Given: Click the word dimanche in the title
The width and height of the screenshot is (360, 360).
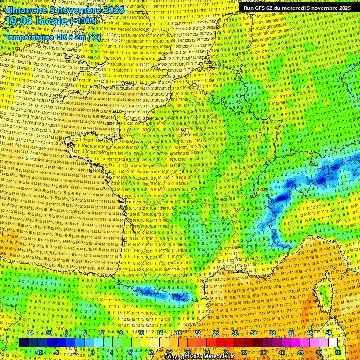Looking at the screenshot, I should point(24,10).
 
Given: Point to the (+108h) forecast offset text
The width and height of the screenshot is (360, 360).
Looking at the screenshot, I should point(83,21).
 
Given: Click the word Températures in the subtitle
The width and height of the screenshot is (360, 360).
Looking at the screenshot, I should point(30,37).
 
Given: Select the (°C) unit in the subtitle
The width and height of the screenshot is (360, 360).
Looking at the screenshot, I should point(93,37).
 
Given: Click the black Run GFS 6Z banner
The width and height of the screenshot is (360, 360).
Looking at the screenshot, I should point(297,8).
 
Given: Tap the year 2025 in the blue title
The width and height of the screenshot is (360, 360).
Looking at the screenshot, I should point(113,10).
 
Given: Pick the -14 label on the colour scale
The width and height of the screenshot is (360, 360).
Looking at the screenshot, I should point(30,333).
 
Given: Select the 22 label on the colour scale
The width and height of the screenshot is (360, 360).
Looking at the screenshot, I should point(197,333).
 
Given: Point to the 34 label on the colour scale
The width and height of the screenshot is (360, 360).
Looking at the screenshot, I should point(253,333).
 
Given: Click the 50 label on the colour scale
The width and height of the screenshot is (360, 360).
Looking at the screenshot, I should point(329,333).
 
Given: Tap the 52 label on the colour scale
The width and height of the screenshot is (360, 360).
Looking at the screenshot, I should point(337,352).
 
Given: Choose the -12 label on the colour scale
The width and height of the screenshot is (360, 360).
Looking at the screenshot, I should point(39,352).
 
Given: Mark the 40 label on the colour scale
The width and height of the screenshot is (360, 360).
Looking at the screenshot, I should point(281,352).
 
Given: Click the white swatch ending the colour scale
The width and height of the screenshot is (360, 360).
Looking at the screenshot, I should point(333,343).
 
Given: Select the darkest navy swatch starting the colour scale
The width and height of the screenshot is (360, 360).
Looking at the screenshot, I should point(23,343).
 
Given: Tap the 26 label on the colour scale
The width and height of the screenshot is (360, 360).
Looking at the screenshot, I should point(216,333).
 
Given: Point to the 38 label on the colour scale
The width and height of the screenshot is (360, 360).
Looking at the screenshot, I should point(272,333).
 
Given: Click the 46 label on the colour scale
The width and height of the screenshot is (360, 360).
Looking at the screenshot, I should point(310,333).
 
